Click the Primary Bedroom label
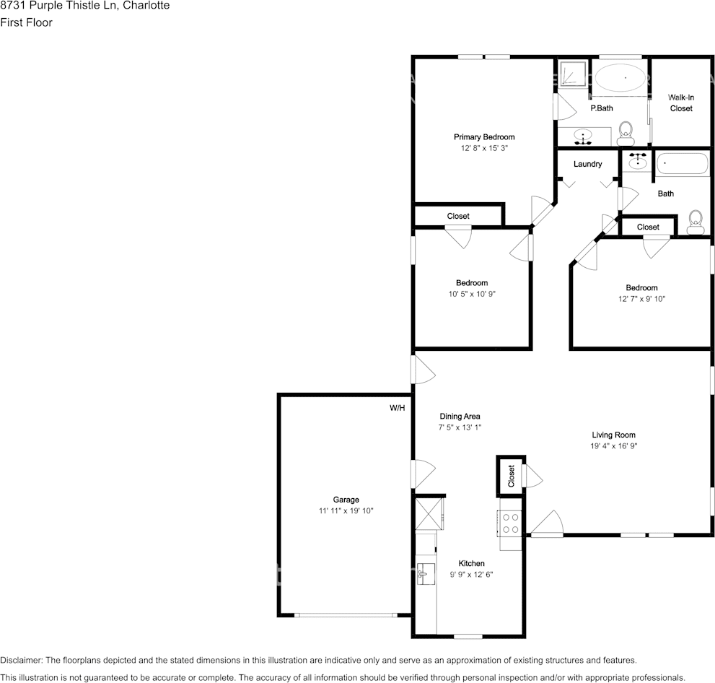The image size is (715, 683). [x=483, y=137]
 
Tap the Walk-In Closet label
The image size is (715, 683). [x=680, y=103]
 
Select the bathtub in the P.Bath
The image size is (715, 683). [x=620, y=77]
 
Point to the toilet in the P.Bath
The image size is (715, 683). [x=625, y=131]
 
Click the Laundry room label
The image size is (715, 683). [x=587, y=164]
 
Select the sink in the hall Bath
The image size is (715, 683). [x=638, y=162]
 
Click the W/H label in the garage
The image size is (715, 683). [x=398, y=408]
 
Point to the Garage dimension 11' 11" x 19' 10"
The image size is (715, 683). [x=346, y=510]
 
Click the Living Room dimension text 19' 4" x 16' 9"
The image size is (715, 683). [x=613, y=445]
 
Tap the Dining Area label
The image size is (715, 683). [x=460, y=417]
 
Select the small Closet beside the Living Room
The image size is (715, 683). [x=511, y=477]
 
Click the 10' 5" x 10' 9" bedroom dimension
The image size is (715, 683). [x=471, y=294]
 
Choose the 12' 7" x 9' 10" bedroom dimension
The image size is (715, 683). [x=641, y=298]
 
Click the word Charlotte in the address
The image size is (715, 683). [x=146, y=6]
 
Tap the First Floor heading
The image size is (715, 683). [x=26, y=22]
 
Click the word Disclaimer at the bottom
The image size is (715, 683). [x=22, y=661]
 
